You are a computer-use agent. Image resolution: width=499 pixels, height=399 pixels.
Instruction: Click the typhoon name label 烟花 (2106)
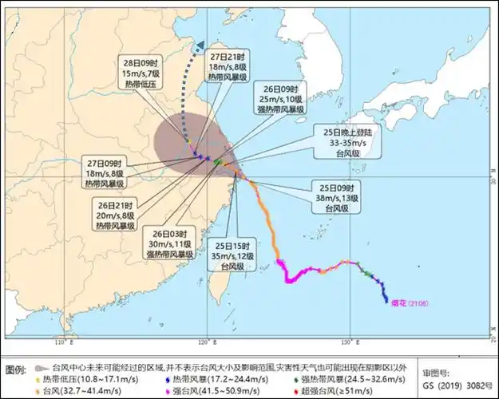[x=407, y=302]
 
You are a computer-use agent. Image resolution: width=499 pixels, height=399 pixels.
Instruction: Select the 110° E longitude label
[x=61, y=343]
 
